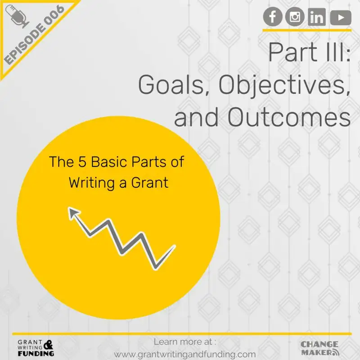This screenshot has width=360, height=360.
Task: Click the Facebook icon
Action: [273, 17]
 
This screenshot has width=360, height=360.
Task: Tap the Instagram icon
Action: [295, 17]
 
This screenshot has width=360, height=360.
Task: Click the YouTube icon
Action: [340, 17]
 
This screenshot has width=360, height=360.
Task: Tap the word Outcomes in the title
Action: [288, 117]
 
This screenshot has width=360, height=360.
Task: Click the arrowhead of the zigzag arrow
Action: [72, 212]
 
